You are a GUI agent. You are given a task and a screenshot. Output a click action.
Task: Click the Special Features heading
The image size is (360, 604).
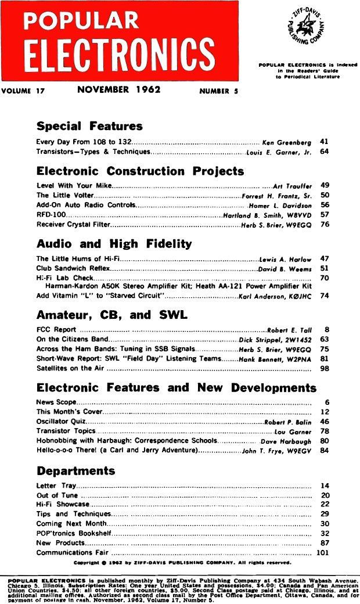89,126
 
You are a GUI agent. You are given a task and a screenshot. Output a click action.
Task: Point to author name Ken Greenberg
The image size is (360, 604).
287,142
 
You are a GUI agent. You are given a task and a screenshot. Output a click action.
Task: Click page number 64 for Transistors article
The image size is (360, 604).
325,152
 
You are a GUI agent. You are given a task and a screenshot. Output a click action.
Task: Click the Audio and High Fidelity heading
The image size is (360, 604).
114,243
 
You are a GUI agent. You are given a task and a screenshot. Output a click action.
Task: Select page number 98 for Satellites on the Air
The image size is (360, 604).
325,368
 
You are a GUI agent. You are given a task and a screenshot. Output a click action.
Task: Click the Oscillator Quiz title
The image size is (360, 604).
59,422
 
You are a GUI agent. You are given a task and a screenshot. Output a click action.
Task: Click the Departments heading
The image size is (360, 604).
75,470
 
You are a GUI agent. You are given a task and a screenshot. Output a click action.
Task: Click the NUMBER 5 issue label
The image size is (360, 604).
218,91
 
